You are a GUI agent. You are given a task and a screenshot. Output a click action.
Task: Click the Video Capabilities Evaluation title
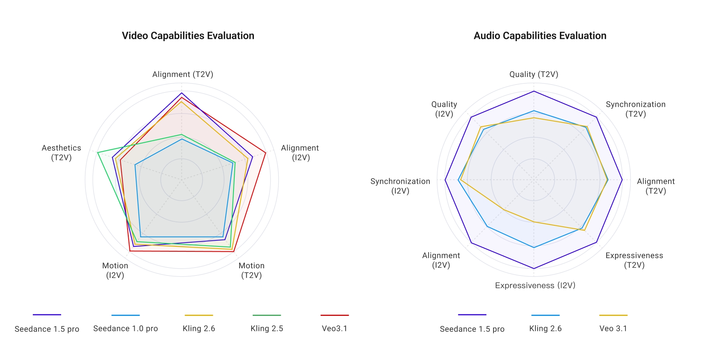[x=188, y=36]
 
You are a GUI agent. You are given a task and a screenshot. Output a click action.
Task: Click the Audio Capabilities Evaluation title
[x=540, y=36]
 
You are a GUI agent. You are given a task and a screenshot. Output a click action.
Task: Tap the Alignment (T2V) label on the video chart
[x=183, y=74]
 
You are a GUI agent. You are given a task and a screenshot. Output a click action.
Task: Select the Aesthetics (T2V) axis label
[x=61, y=152]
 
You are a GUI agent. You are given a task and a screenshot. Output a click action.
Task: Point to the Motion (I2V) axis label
[x=115, y=270]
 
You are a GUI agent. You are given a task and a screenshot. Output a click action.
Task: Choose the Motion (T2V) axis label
[x=251, y=270]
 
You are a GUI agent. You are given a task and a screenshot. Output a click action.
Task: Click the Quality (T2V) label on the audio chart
[x=533, y=74]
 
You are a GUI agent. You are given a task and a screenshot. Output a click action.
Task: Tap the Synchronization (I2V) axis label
[x=400, y=186]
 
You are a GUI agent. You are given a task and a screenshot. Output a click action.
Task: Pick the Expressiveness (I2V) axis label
[x=535, y=285]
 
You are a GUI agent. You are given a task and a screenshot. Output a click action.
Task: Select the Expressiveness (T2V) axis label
[x=634, y=260]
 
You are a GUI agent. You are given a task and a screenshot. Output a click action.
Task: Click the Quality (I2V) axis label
[x=444, y=109]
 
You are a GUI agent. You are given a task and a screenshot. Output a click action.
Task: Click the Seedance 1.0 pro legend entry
[x=125, y=328]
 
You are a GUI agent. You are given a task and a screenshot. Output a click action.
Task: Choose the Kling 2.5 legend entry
[x=267, y=328]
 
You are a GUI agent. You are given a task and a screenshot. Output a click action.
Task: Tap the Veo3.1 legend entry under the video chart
[x=334, y=328]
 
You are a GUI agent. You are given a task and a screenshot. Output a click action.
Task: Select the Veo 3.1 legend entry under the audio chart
[x=613, y=328]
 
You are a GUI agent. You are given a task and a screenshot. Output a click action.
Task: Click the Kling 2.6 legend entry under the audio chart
[x=545, y=328]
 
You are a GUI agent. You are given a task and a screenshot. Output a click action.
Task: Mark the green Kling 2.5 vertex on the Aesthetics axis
[x=98, y=152]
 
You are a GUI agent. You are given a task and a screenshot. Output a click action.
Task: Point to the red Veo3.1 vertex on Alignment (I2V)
[x=266, y=152]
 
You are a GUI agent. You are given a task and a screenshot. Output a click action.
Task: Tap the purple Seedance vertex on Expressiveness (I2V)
[x=533, y=268]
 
